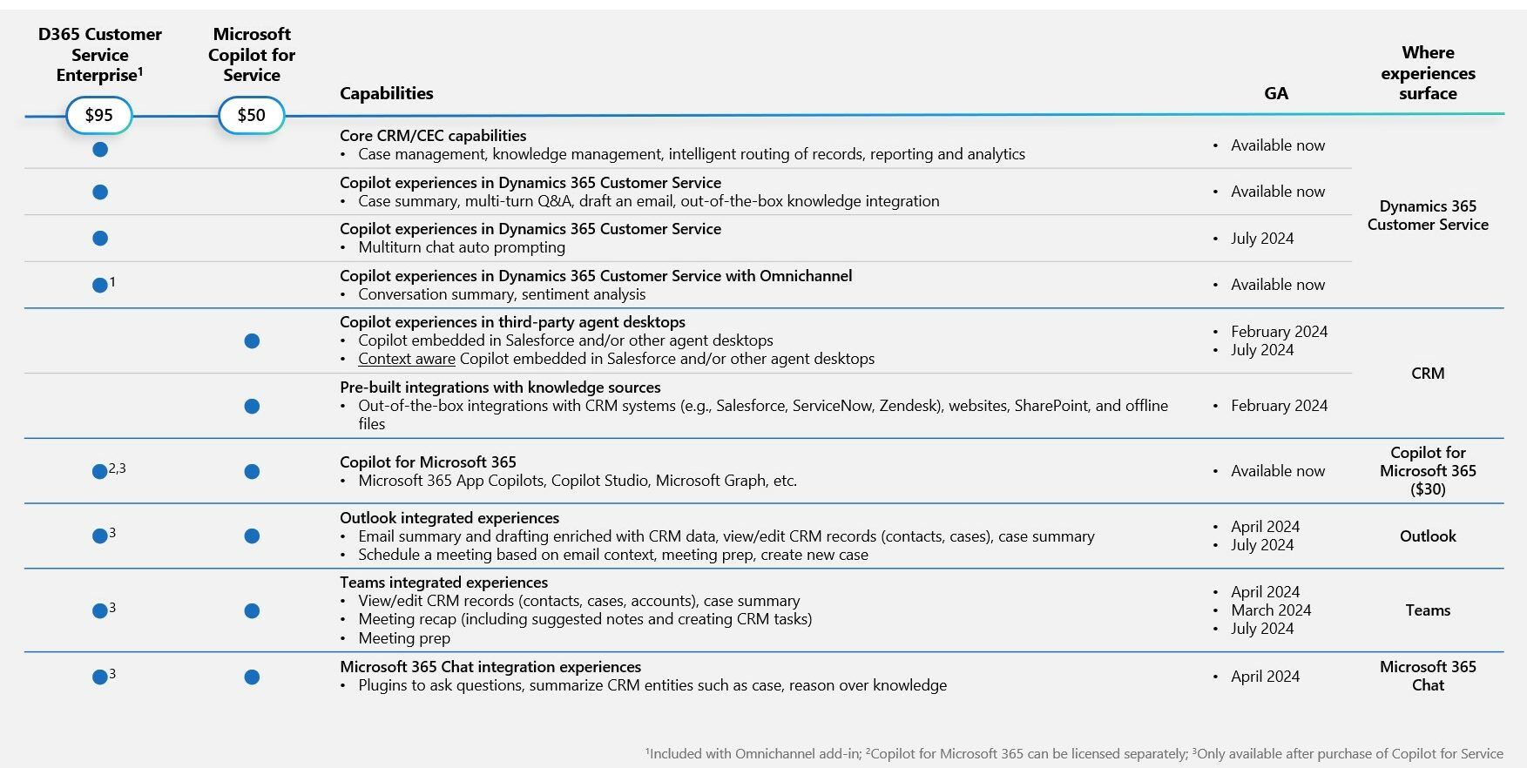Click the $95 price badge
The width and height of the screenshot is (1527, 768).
click(x=98, y=115)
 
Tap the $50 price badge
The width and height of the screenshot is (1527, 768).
click(x=251, y=115)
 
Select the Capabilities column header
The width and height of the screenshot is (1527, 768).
click(x=386, y=93)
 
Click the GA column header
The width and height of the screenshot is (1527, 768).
click(x=1275, y=93)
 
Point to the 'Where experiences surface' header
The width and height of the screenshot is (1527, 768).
click(x=1428, y=73)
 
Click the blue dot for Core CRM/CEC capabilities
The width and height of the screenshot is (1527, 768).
click(x=100, y=150)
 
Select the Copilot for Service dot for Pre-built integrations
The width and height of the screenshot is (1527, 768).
click(x=252, y=406)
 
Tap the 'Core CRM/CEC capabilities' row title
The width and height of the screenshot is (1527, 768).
click(x=433, y=136)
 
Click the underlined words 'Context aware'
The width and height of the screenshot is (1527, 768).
click(x=406, y=359)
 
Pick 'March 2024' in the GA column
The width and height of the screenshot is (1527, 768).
click(x=1271, y=610)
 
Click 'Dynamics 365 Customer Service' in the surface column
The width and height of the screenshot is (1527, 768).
click(x=1428, y=215)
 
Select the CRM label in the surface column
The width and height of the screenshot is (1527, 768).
click(x=1428, y=374)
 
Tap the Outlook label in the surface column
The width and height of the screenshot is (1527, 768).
click(x=1428, y=536)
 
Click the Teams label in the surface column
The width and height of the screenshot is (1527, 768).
click(x=1428, y=610)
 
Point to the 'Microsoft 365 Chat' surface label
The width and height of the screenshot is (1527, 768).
click(x=1428, y=676)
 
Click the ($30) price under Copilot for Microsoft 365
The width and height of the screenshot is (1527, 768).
click(x=1428, y=489)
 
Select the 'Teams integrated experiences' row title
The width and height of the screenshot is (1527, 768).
click(x=443, y=583)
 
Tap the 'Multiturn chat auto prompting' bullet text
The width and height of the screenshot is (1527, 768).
click(x=462, y=247)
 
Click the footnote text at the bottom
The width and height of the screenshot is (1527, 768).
click(x=1074, y=754)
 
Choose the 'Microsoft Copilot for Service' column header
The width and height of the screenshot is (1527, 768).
click(x=252, y=54)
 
